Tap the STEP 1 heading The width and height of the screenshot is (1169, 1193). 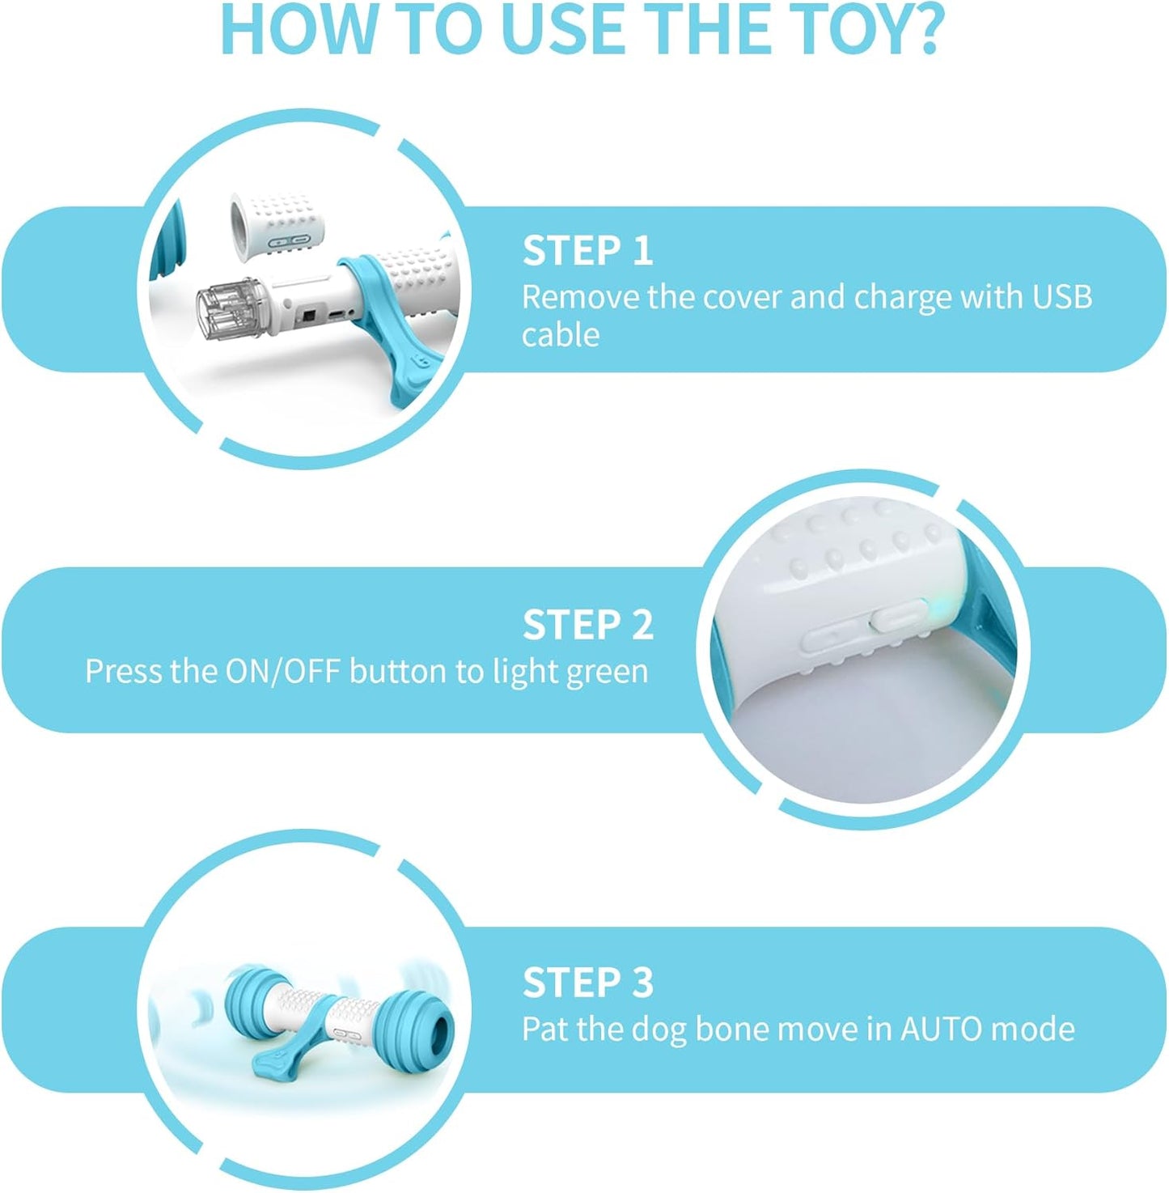click(x=587, y=251)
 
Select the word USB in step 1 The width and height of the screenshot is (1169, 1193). click(x=1062, y=297)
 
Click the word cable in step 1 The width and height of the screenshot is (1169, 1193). click(x=560, y=335)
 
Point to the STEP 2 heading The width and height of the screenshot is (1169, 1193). click(x=587, y=626)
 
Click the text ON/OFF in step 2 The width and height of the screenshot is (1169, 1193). click(x=282, y=672)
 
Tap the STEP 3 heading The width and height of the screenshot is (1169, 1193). click(x=587, y=983)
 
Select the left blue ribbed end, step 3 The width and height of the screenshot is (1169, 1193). click(x=251, y=1002)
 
